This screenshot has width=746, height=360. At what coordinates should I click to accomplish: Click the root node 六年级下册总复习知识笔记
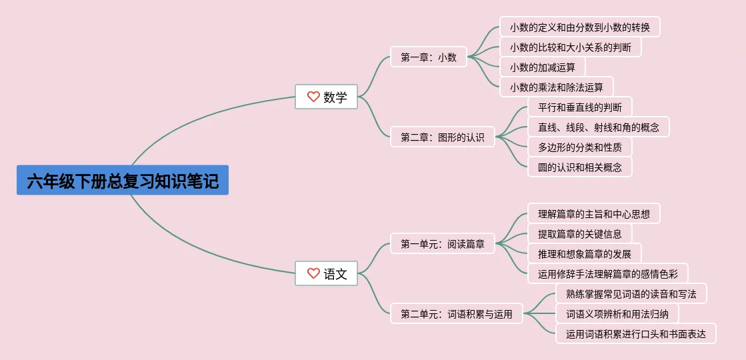(123, 180)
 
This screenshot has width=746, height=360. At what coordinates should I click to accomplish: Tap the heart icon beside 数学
(313, 97)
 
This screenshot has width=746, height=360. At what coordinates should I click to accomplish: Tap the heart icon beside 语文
(313, 273)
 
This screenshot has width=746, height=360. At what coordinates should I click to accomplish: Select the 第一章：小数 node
(429, 57)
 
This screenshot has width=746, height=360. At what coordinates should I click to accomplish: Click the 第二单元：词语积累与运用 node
(457, 313)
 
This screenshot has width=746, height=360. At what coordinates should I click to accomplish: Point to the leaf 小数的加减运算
(542, 67)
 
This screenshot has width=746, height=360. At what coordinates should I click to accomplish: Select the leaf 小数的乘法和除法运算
(556, 87)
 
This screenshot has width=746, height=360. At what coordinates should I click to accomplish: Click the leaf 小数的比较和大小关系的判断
(570, 47)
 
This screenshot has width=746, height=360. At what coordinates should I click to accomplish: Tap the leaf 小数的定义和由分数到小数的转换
(579, 27)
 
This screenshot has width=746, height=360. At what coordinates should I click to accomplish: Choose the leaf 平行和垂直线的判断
(579, 107)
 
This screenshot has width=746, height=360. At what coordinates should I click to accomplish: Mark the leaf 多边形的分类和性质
(579, 147)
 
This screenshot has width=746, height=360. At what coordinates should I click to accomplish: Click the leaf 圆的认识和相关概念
(579, 167)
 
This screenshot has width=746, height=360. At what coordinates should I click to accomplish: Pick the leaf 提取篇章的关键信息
(579, 233)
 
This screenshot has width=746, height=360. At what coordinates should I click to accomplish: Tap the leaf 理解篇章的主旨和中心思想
(593, 213)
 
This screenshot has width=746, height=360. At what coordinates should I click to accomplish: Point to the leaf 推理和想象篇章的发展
(584, 253)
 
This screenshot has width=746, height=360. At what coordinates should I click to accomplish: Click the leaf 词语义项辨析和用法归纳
(621, 313)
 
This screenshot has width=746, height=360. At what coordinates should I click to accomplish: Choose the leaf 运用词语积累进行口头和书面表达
(635, 333)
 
